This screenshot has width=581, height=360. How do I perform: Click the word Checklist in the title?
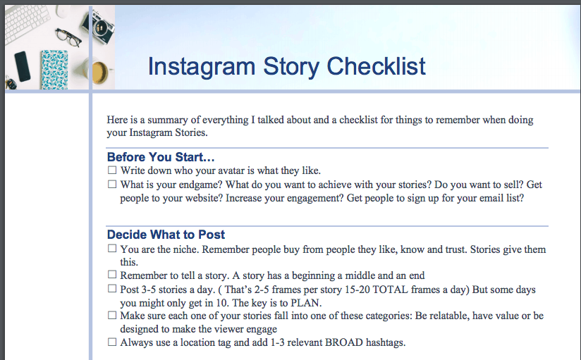376,67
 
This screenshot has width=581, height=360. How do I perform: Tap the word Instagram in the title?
202,68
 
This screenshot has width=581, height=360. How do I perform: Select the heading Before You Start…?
161,157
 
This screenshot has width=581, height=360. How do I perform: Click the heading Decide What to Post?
166,235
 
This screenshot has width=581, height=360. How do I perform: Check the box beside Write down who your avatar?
112,170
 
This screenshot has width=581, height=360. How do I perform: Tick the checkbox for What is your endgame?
112,184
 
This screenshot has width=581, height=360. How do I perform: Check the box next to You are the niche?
112,248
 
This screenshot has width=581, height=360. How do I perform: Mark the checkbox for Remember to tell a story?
112,275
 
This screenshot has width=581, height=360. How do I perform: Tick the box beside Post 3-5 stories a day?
112,288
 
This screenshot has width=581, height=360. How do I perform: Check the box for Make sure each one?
112,315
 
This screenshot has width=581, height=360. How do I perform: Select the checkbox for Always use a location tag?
112,342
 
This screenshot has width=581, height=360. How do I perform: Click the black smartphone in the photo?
23,66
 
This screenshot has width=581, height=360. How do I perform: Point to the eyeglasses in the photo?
68,37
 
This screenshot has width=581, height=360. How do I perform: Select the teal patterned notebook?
54,70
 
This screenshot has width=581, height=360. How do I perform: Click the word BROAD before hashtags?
344,342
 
